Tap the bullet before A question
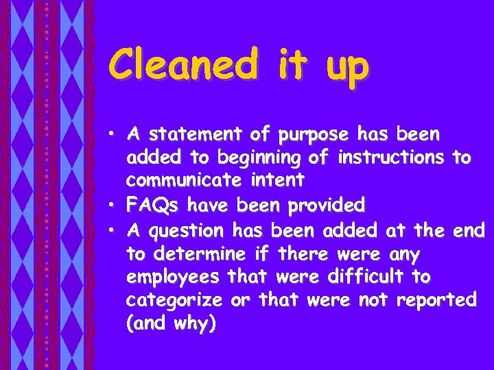click(115, 230)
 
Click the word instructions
click(390, 158)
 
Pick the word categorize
click(174, 301)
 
